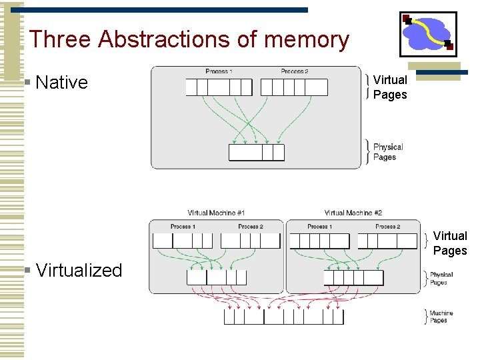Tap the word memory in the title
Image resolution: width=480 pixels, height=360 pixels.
pyautogui.click(x=306, y=39)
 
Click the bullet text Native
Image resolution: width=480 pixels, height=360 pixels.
pyautogui.click(x=61, y=82)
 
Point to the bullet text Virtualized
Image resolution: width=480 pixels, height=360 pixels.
pyautogui.click(x=79, y=270)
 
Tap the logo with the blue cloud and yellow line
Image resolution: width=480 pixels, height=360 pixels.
pyautogui.click(x=427, y=34)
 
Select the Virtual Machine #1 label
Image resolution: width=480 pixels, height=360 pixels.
pyautogui.click(x=216, y=213)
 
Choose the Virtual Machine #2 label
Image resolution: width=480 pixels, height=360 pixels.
pyautogui.click(x=353, y=213)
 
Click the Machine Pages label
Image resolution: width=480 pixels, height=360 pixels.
pyautogui.click(x=441, y=317)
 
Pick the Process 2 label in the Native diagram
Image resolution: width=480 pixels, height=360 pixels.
pyautogui.click(x=294, y=71)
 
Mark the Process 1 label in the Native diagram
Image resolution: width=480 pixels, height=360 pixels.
pyautogui.click(x=219, y=71)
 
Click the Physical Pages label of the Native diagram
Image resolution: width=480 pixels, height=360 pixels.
pyautogui.click(x=388, y=152)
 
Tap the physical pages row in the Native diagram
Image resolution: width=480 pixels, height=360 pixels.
pyautogui.click(x=257, y=153)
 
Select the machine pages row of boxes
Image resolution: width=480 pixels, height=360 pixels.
pyautogui.click(x=283, y=317)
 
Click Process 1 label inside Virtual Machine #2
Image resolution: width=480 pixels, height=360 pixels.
pyautogui.click(x=320, y=227)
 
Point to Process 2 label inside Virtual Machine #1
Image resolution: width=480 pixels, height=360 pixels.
pyautogui.click(x=251, y=227)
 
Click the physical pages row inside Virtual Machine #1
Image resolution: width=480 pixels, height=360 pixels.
pyautogui.click(x=217, y=277)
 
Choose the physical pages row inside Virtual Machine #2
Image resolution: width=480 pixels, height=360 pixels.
pyautogui.click(x=353, y=277)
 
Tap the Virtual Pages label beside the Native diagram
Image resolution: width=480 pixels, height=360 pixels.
pyautogui.click(x=390, y=87)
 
